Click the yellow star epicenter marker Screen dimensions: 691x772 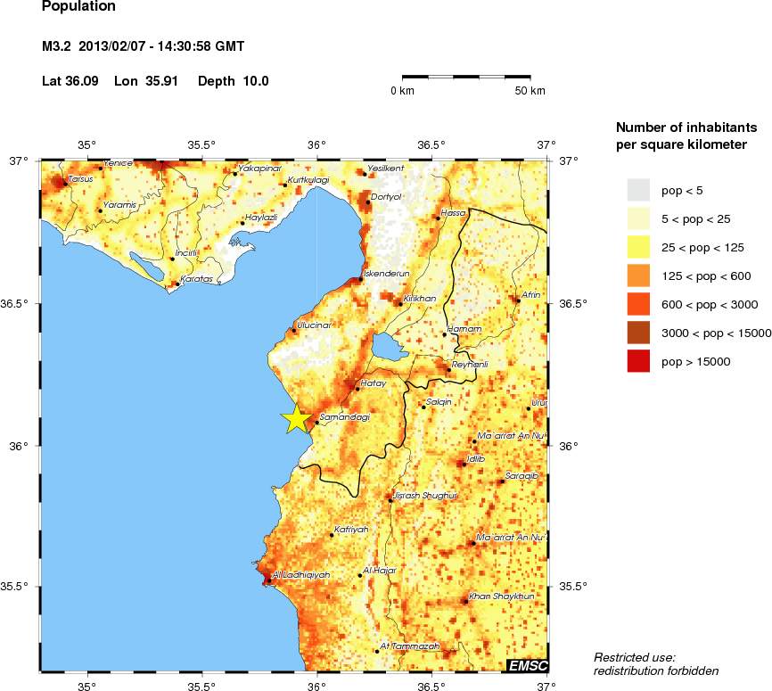pos(296,417)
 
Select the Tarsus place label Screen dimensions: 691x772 pos(80,178)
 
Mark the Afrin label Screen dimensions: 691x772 pos(531,294)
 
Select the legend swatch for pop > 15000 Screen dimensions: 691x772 pos(640,361)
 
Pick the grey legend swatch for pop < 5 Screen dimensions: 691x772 pos(640,190)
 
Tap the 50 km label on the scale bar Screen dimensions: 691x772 pos(530,91)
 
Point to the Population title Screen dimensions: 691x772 pos(78,7)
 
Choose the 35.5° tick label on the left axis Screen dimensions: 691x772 pos(20,587)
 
